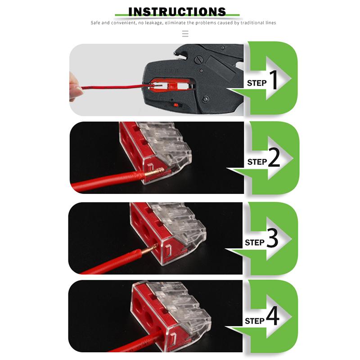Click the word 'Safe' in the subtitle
[97, 23]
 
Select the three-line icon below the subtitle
[185, 34]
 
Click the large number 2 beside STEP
[274, 158]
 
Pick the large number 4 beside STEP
[272, 318]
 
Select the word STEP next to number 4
[254, 321]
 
